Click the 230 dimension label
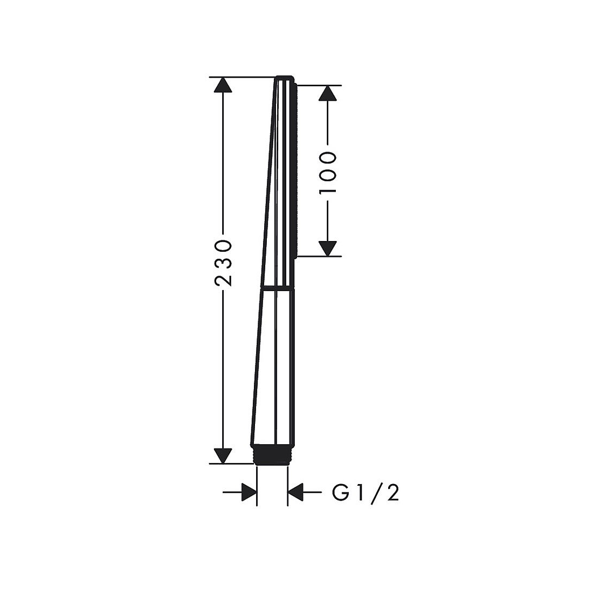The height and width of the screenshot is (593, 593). point(223,263)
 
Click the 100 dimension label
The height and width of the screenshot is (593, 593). point(328,173)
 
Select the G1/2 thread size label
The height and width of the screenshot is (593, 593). point(366,492)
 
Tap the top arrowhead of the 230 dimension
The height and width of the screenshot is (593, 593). point(222,85)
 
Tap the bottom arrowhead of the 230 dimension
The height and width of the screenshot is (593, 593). point(222,456)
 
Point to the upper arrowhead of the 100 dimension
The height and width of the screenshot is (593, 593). point(327,93)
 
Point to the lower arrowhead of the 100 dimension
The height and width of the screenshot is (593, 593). point(327,248)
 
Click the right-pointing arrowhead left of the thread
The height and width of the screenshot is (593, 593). point(249,492)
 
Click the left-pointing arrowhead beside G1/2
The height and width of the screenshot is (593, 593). point(296,492)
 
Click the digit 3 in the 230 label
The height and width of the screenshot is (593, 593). point(223,263)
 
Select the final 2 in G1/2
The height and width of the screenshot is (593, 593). point(392,492)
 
